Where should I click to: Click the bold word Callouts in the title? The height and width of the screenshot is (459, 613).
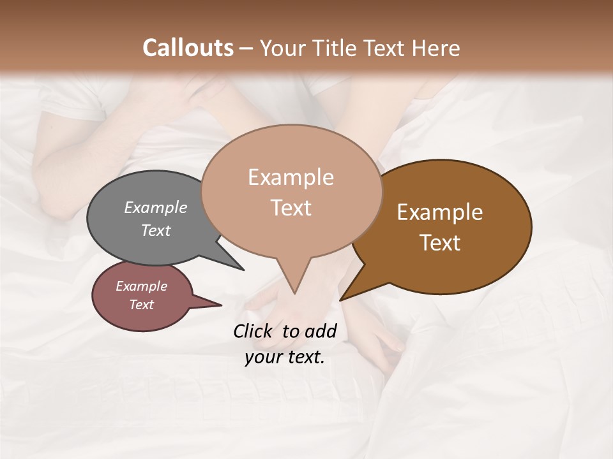(x=188, y=48)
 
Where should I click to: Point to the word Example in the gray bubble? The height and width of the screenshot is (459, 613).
(x=155, y=207)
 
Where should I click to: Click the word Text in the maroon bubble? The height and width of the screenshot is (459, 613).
(x=142, y=305)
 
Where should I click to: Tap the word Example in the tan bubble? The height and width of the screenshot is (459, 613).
(x=291, y=177)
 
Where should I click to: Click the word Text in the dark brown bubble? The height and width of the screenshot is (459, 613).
(x=440, y=243)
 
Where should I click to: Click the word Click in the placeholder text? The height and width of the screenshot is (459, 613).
(x=254, y=331)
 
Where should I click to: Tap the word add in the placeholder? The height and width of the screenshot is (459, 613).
(x=321, y=331)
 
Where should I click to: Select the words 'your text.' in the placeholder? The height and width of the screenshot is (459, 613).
(x=285, y=357)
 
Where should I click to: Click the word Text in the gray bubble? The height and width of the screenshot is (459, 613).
(x=155, y=231)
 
